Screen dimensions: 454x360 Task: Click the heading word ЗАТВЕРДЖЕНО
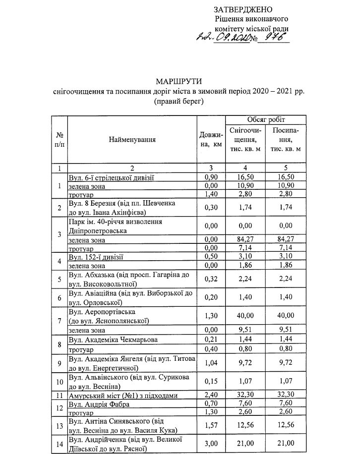[243, 10]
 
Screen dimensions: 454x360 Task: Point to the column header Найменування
[132, 139]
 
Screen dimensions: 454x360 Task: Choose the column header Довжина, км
[211, 139]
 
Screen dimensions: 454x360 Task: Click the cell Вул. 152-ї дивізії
[96, 257]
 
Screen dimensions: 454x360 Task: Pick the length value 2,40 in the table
[211, 396]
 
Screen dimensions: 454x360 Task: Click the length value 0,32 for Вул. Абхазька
[211, 280]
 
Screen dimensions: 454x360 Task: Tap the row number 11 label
[59, 396]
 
